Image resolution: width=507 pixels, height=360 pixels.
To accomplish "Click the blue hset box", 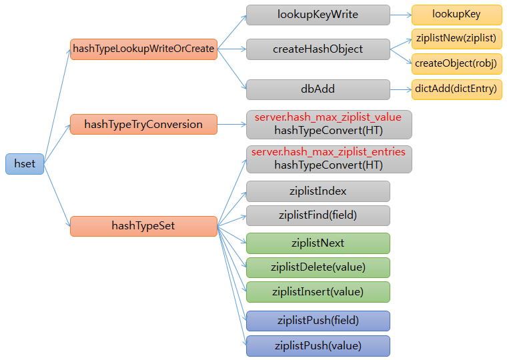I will (25, 164).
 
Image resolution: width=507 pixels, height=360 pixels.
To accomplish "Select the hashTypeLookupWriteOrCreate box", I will (143, 49).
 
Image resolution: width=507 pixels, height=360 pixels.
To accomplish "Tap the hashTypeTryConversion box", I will (143, 124).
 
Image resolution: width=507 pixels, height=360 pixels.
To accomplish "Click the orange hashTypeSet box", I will (143, 226).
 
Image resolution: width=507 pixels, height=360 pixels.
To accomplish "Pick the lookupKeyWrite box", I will (318, 15).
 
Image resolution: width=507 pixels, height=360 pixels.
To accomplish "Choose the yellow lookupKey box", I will (456, 15).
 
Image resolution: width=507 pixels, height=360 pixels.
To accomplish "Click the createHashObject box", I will (318, 49).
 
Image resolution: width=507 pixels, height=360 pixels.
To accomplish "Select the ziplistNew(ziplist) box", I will (456, 38).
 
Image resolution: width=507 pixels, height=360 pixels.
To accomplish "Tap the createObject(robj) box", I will (456, 63).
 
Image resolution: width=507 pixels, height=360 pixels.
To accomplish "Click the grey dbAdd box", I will (318, 89).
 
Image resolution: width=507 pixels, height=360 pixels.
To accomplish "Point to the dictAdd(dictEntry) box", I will (456, 89).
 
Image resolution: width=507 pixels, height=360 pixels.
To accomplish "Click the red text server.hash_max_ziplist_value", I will (328, 117).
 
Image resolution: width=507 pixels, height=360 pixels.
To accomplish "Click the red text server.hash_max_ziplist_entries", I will (328, 152).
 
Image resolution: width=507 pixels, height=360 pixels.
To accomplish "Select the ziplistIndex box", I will (318, 191).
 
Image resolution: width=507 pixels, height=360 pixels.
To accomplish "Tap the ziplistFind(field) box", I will (318, 215).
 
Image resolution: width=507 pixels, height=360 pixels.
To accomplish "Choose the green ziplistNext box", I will (318, 243).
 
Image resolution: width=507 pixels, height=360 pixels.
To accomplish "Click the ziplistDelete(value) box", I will (318, 267).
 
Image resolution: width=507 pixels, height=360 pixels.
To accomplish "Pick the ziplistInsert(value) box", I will (318, 291).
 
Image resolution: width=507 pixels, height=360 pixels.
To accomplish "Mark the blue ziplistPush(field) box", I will (318, 321).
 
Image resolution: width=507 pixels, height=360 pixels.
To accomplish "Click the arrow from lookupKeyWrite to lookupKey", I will (400, 15).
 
